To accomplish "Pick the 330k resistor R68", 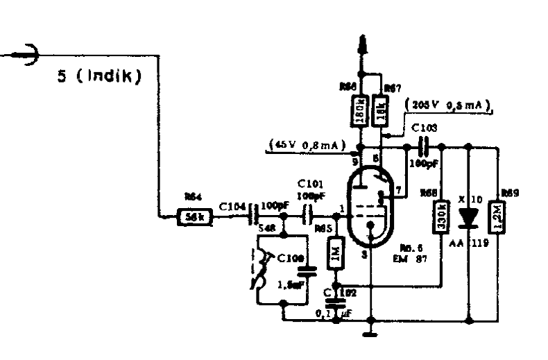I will [442, 216].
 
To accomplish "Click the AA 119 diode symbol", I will [470, 216].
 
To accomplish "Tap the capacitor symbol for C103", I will [425, 147].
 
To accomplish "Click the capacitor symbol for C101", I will [308, 216].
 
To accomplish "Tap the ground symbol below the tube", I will [370, 335].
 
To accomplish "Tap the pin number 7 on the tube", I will [397, 189].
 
